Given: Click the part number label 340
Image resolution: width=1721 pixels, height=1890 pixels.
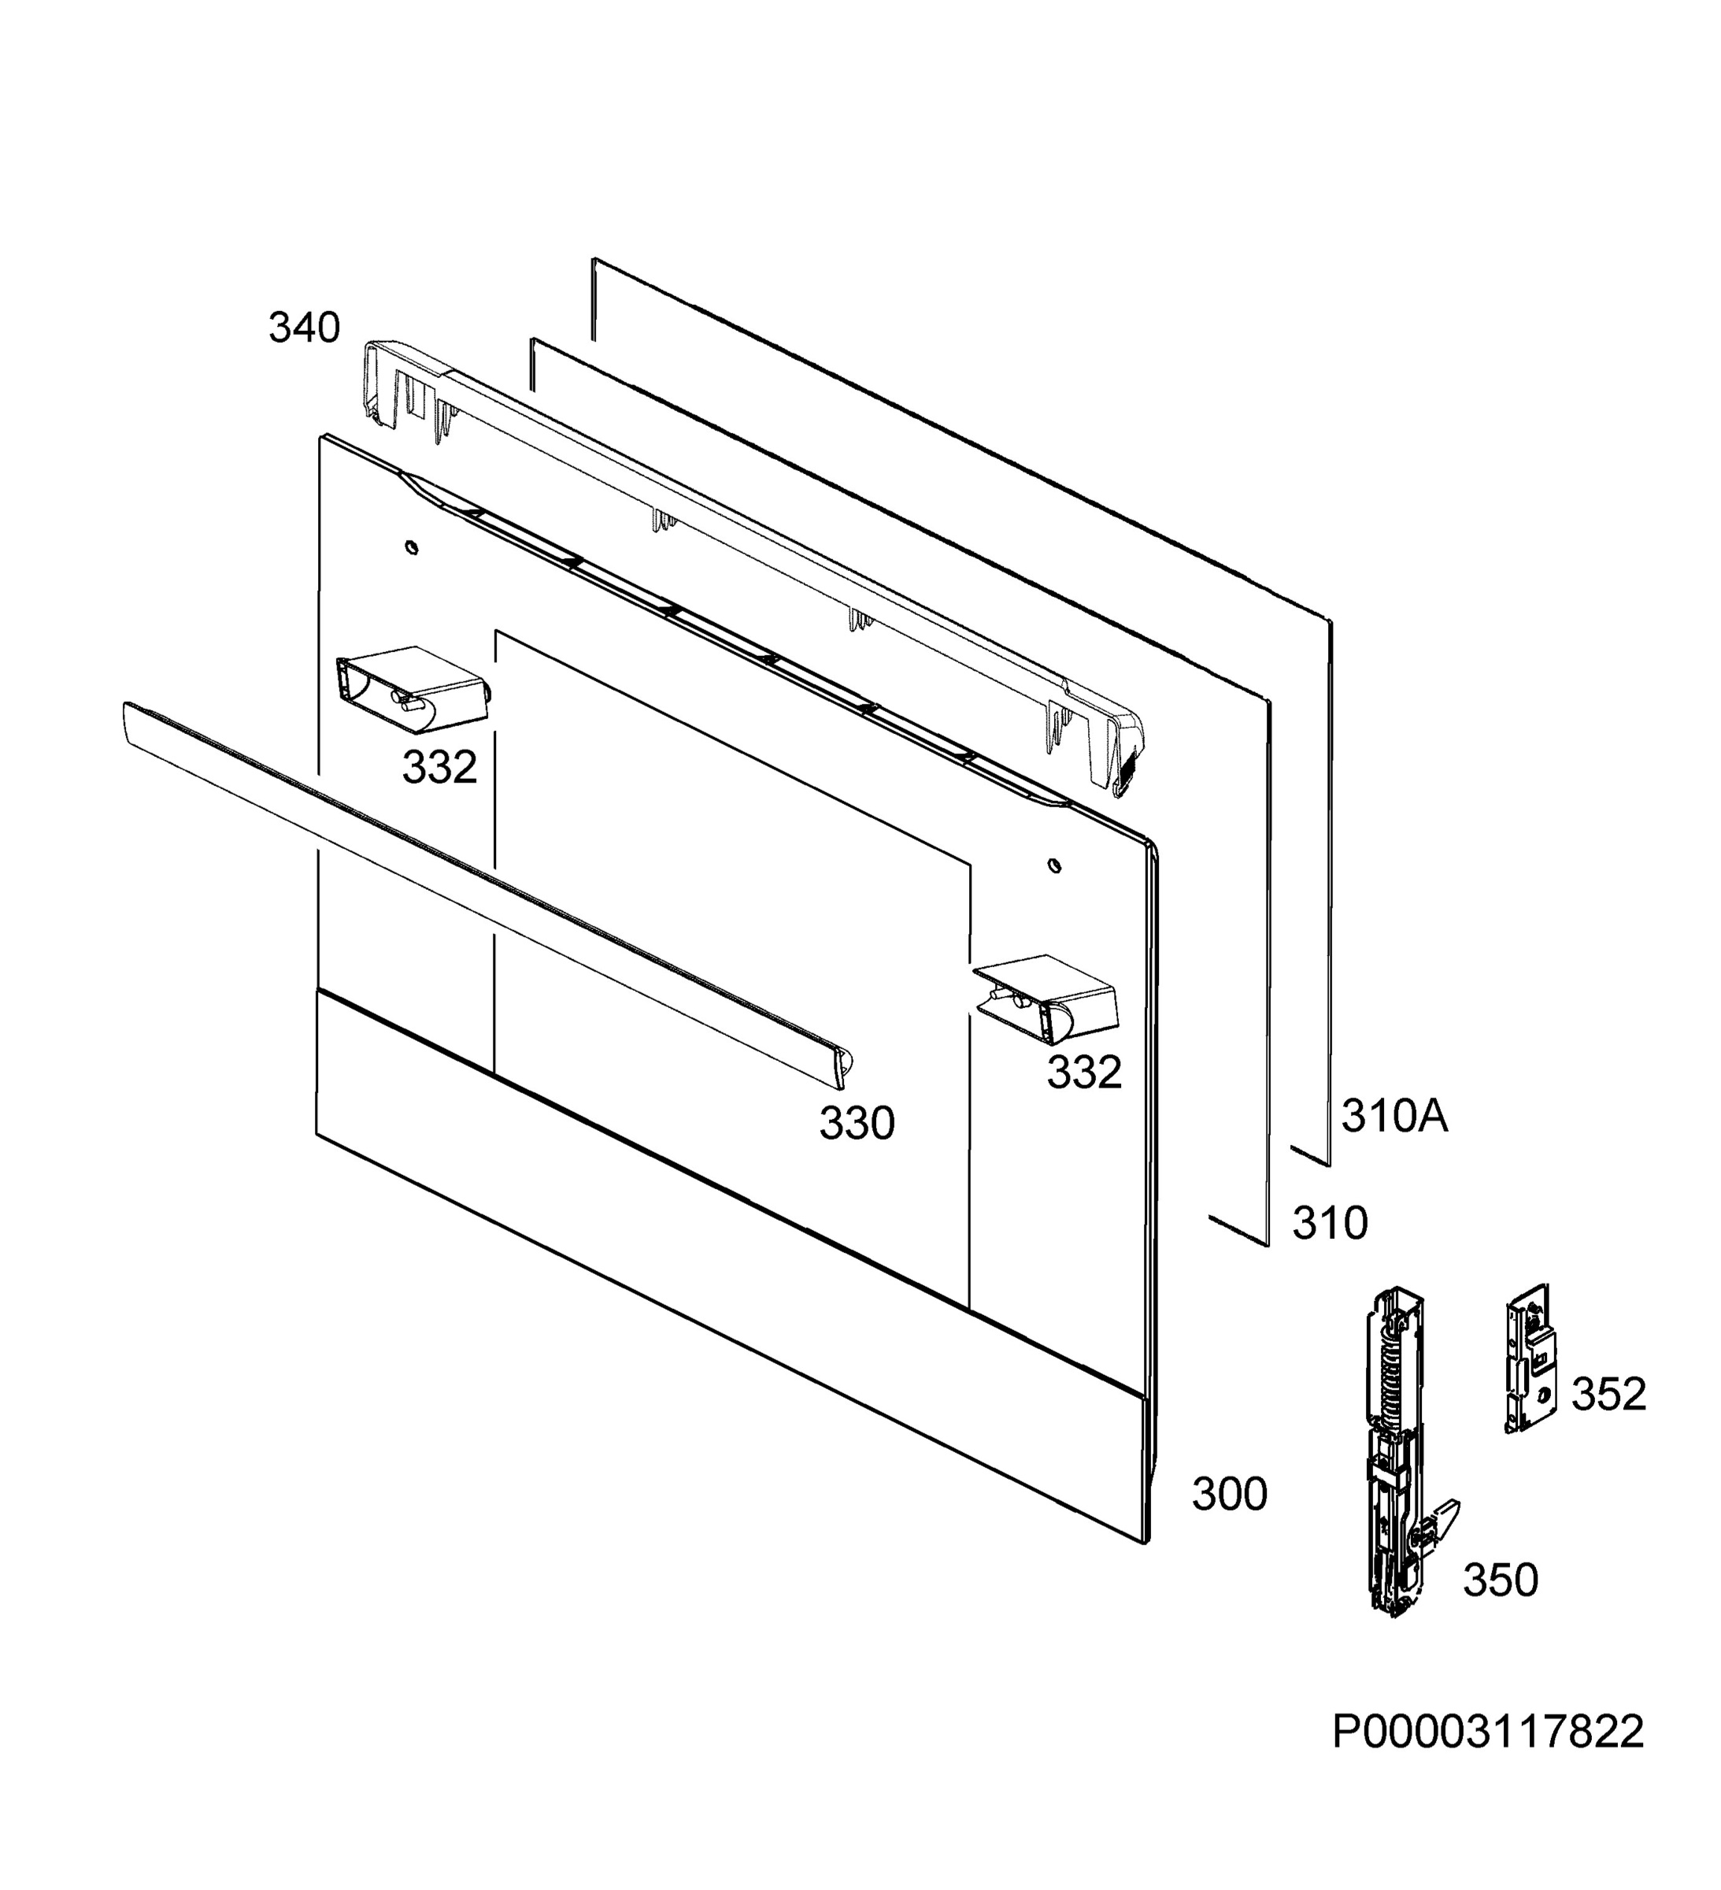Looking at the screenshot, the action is pos(304,328).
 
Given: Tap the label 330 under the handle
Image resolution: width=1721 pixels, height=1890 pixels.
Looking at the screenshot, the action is pos(857,1123).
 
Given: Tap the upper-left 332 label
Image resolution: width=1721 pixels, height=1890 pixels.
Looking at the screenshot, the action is pos(439,767).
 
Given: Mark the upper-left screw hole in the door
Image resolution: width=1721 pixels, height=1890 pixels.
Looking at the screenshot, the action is pos(412,547).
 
